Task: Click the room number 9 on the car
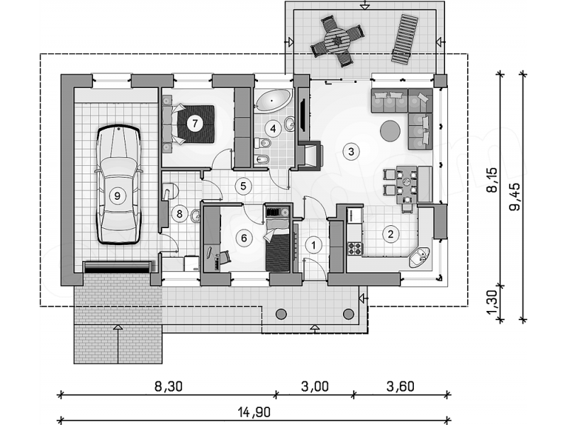pyautogui.click(x=117, y=196)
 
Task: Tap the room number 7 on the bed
pyautogui.click(x=195, y=123)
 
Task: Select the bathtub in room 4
pyautogui.click(x=274, y=100)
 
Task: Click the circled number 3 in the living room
pyautogui.click(x=351, y=151)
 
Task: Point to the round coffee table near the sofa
pyautogui.click(x=391, y=131)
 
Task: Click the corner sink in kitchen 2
pyautogui.click(x=420, y=257)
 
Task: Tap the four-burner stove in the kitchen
pyautogui.click(x=355, y=249)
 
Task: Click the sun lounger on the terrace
pyautogui.click(x=405, y=39)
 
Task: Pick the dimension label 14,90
pyautogui.click(x=254, y=412)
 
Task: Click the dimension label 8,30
pyautogui.click(x=169, y=386)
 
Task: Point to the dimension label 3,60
pyautogui.click(x=400, y=386)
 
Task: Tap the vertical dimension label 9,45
pyautogui.click(x=515, y=197)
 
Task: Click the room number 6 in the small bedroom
pyautogui.click(x=244, y=238)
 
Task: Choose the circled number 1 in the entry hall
pyautogui.click(x=313, y=245)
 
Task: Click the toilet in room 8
pyautogui.click(x=170, y=191)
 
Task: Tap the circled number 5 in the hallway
pyautogui.click(x=243, y=186)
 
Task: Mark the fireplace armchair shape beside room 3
pyautogui.click(x=310, y=155)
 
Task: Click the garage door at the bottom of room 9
pyautogui.click(x=117, y=267)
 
